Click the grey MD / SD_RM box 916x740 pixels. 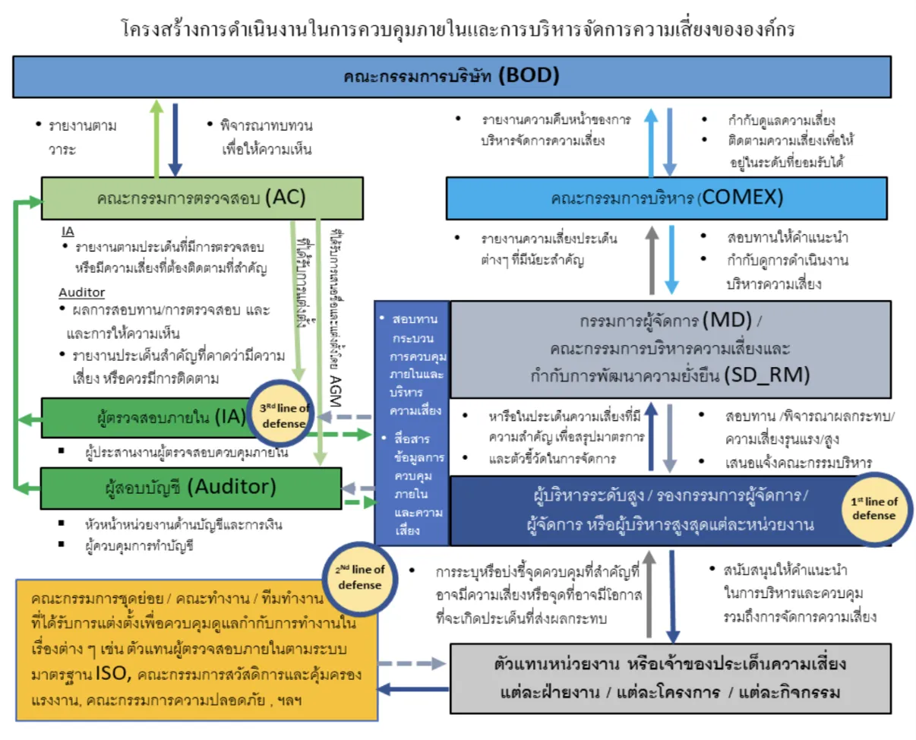(670, 349)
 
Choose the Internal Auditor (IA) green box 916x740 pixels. (152, 416)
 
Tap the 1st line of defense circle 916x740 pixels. (873, 508)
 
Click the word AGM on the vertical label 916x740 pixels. (336, 383)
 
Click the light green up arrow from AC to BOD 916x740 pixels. (156, 138)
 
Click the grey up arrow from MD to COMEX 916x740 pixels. (652, 261)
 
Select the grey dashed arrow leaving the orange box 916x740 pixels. (410, 663)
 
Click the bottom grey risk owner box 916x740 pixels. (670, 678)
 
